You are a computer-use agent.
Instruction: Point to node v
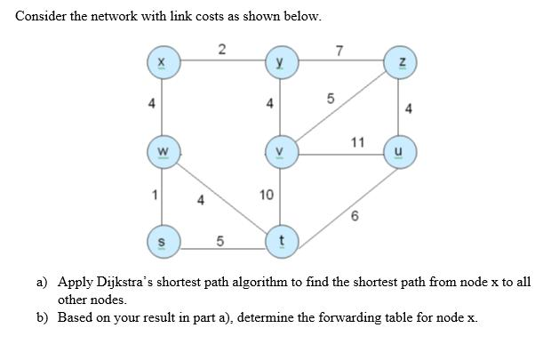pos(281,150)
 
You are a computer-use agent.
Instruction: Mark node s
pos(162,240)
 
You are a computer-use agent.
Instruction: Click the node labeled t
pos(281,240)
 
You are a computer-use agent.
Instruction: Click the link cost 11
pos(357,141)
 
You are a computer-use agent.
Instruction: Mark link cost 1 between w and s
pos(153,195)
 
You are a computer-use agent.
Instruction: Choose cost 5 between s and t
pos(220,240)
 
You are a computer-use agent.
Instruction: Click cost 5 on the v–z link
pos(330,99)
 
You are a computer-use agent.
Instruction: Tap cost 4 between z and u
pos(408,110)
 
